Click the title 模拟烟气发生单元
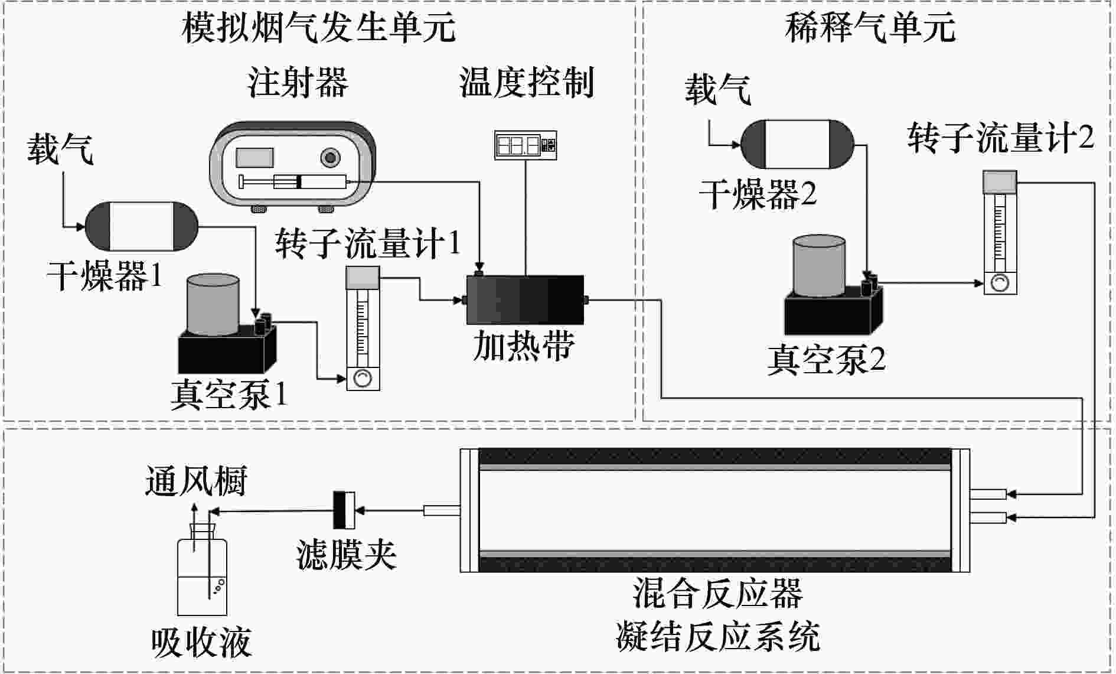(318, 28)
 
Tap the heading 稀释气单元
(870, 28)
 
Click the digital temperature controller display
(525, 145)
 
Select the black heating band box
(524, 300)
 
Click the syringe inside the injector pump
(295, 182)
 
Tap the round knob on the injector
(329, 157)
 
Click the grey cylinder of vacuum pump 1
(213, 304)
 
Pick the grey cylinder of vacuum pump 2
(819, 266)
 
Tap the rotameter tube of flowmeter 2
(1000, 233)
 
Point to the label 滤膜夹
(346, 555)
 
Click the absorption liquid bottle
(203, 576)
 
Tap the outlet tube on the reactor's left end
(441, 510)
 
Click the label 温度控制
(526, 82)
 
